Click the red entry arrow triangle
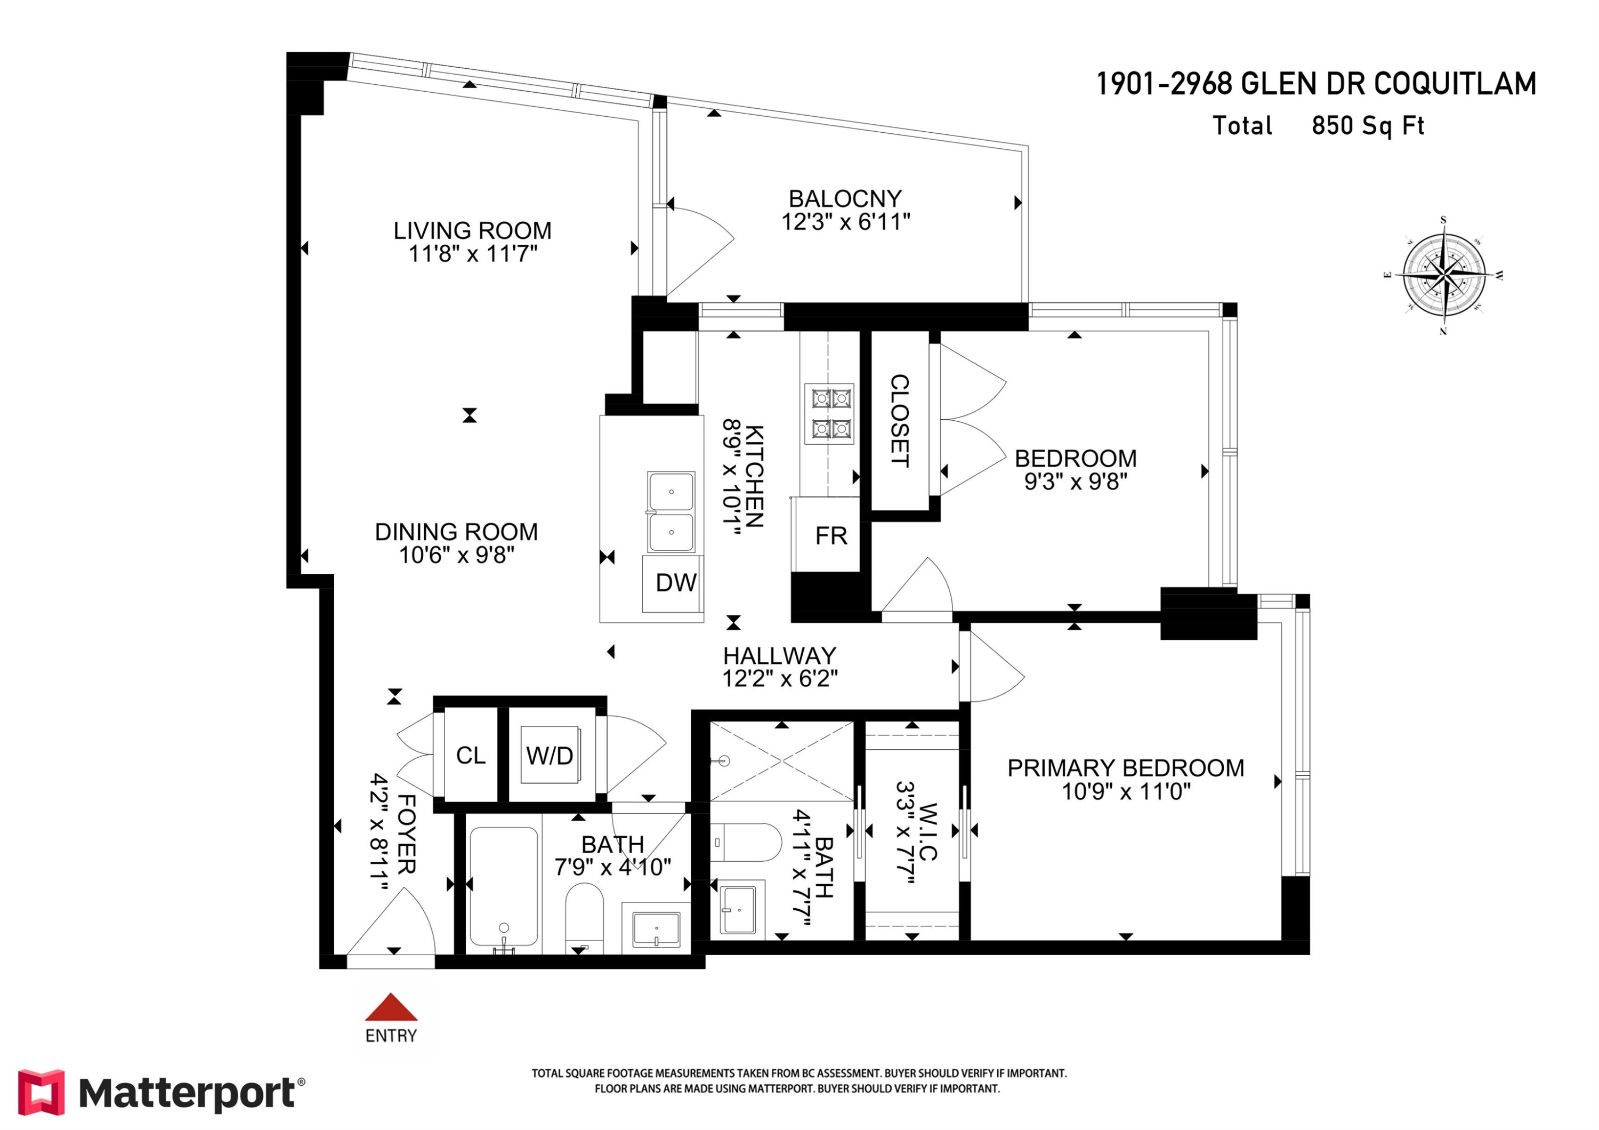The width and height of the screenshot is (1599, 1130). click(391, 1007)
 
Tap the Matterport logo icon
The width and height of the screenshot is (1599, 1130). click(41, 1092)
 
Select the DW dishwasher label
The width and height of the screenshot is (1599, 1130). click(675, 583)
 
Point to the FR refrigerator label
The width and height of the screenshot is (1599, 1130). click(831, 536)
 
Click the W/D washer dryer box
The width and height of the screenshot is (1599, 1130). click(550, 755)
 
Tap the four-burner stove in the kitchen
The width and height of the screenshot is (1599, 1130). click(829, 413)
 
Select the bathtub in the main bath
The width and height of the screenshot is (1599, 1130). click(504, 885)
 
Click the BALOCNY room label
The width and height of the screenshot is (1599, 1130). click(845, 198)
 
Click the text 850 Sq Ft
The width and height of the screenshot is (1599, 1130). click(1367, 126)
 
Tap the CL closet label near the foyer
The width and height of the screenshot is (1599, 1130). click(471, 755)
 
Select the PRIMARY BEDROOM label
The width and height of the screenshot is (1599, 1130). click(1125, 768)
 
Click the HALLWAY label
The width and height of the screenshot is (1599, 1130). click(779, 655)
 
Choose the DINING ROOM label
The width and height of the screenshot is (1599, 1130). click(456, 532)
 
